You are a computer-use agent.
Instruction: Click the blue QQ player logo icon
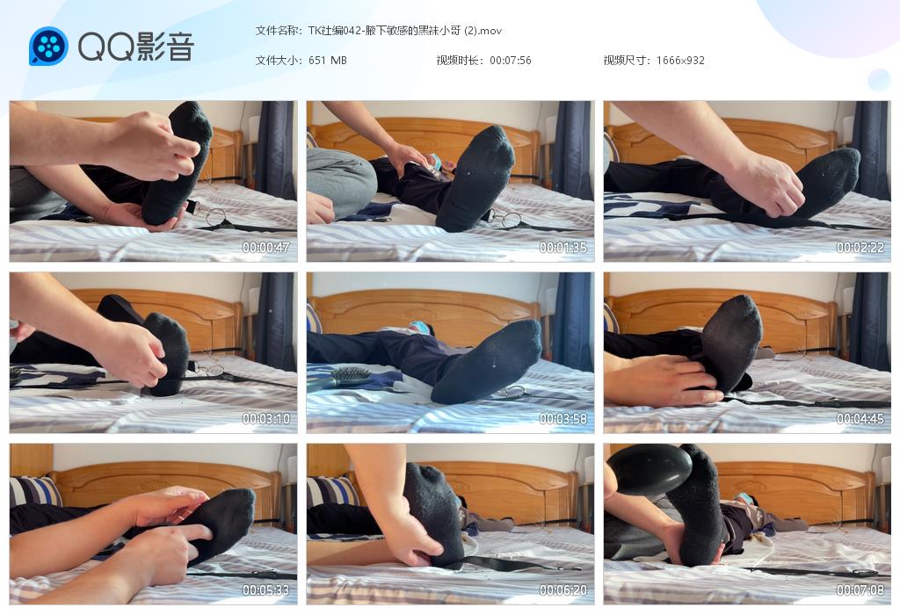pos(49,46)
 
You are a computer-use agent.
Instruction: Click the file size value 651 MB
pos(328,61)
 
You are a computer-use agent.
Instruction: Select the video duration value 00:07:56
pos(511,61)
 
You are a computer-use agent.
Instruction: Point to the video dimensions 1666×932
pos(680,61)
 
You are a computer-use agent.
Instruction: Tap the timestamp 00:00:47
pos(265,247)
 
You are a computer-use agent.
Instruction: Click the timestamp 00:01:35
pos(563,247)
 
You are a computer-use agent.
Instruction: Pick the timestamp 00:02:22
pos(860,247)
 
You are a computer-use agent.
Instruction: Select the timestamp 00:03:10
pos(265,419)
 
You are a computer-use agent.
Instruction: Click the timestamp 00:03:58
pos(563,419)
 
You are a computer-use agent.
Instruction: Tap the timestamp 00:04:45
pos(860,419)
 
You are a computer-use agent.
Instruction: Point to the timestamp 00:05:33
pos(265,590)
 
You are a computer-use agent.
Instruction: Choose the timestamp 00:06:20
pos(563,590)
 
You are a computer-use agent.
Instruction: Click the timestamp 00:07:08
pos(860,590)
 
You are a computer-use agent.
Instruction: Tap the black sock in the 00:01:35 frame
pos(475,177)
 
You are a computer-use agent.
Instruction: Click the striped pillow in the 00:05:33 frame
pos(34,491)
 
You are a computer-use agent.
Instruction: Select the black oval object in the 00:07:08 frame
pos(650,468)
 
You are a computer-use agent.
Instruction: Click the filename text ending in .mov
pos(404,31)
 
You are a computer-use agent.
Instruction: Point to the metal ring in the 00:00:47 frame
pos(216,217)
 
